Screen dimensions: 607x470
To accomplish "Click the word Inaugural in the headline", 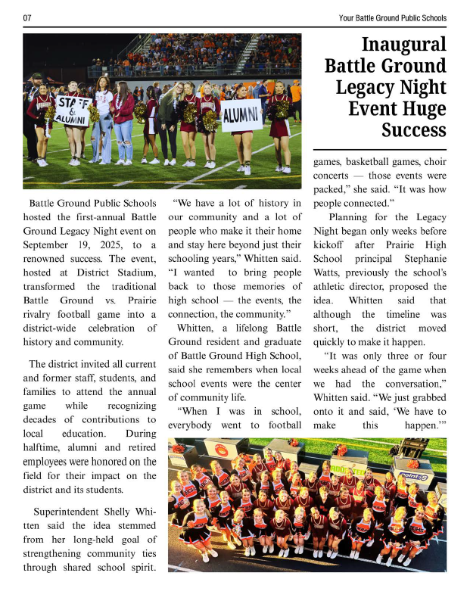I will point(404,44).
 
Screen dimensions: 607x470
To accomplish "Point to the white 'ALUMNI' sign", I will point(241,116).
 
